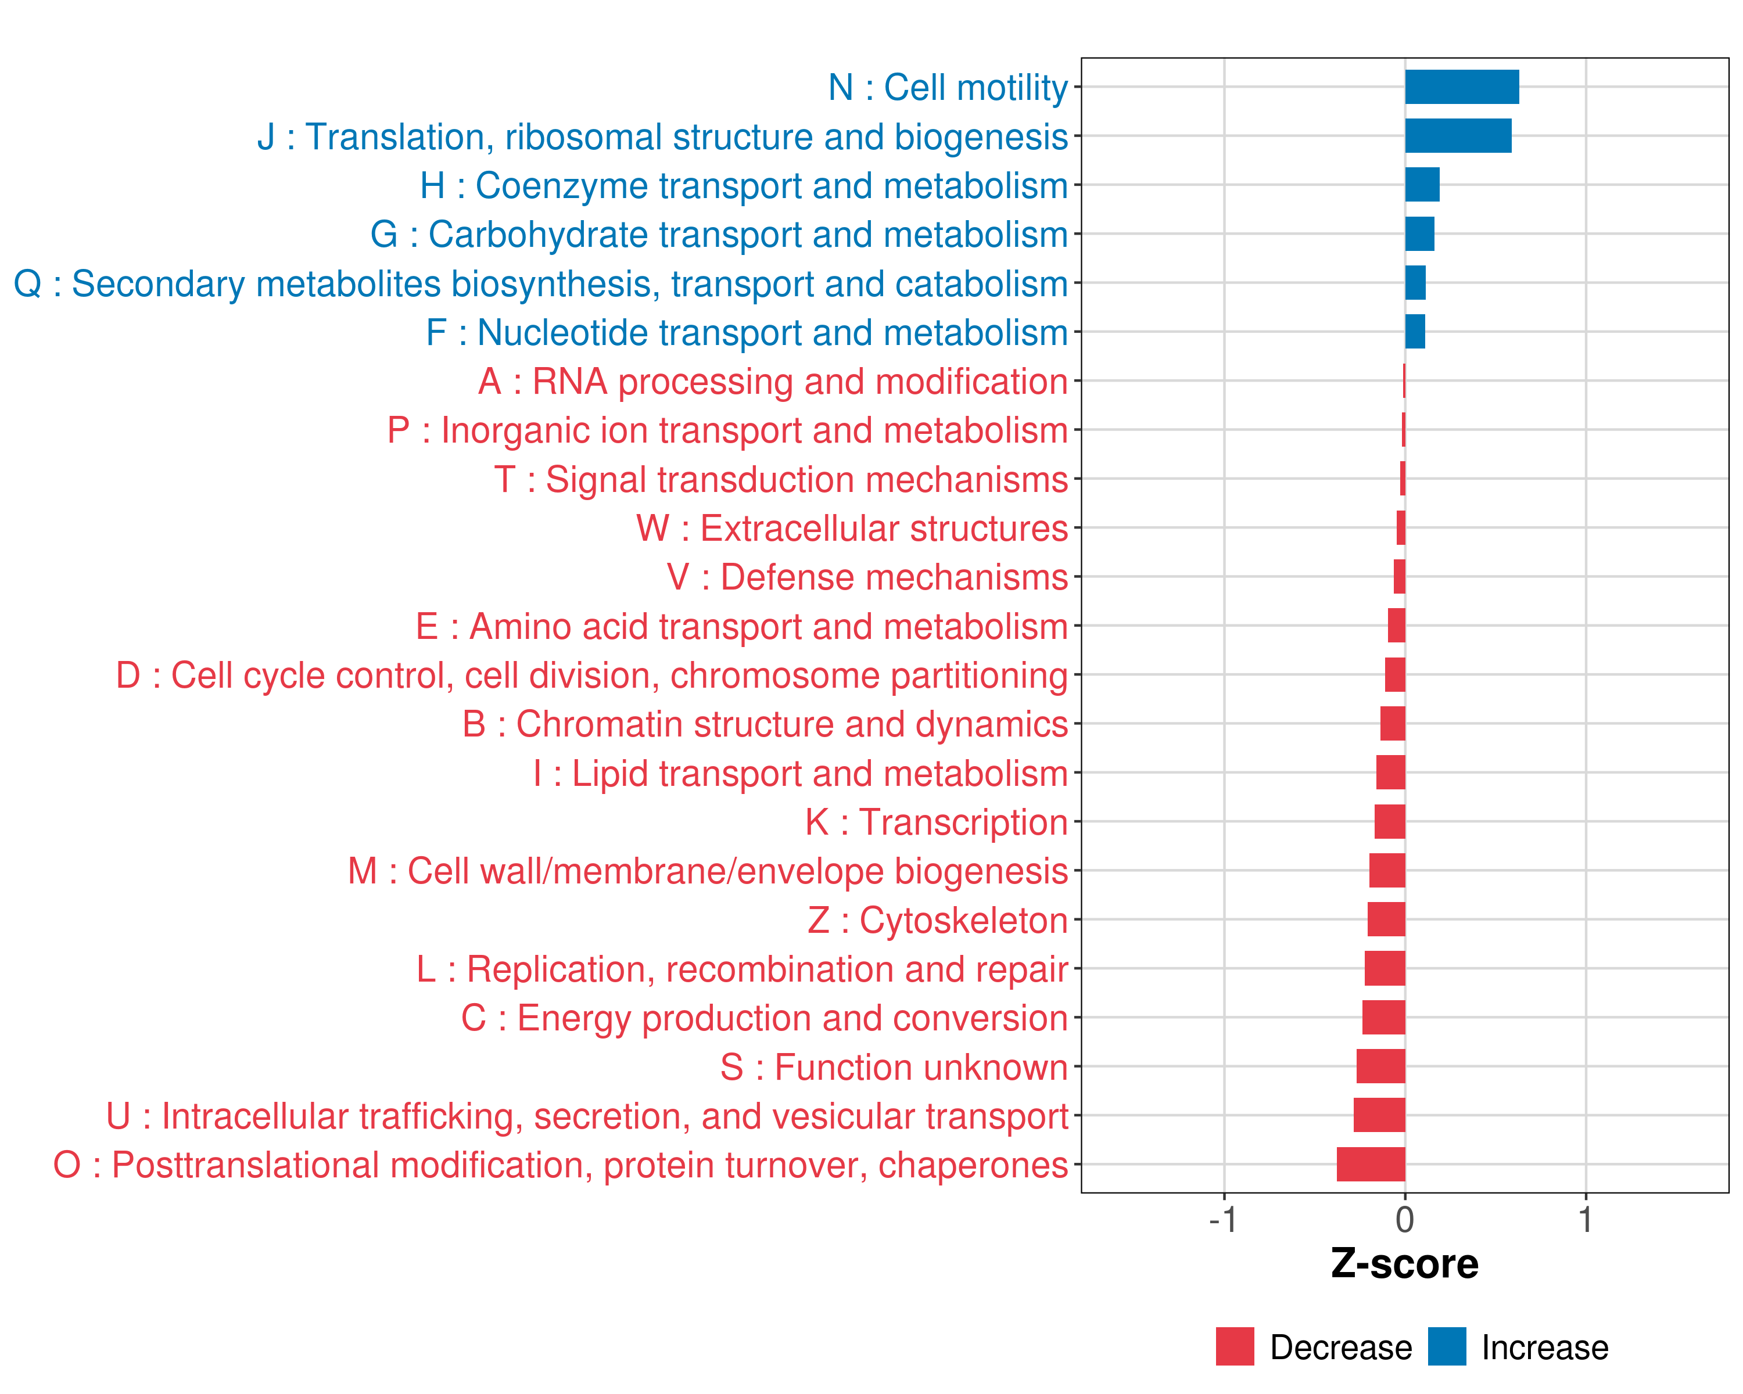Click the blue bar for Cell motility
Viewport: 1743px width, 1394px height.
point(1462,87)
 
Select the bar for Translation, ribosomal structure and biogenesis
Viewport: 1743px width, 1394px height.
point(1458,136)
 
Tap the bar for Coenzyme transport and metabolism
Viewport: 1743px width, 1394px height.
point(1422,185)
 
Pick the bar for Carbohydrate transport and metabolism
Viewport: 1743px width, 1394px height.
point(1419,234)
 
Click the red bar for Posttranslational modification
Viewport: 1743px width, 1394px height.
point(1371,1165)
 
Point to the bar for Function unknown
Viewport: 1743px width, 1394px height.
point(1381,1067)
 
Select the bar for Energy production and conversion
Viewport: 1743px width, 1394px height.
point(1383,1018)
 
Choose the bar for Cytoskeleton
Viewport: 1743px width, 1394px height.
point(1386,919)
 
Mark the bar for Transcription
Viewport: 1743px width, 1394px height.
point(1390,822)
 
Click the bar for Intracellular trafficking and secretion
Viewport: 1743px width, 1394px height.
point(1379,1115)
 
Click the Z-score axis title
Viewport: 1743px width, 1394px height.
point(1405,1264)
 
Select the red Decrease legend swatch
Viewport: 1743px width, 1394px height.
point(1235,1346)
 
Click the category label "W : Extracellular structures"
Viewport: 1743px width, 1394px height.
point(852,529)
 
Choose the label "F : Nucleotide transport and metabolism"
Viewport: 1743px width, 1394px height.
point(747,333)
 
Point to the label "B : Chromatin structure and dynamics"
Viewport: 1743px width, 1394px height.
point(765,724)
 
